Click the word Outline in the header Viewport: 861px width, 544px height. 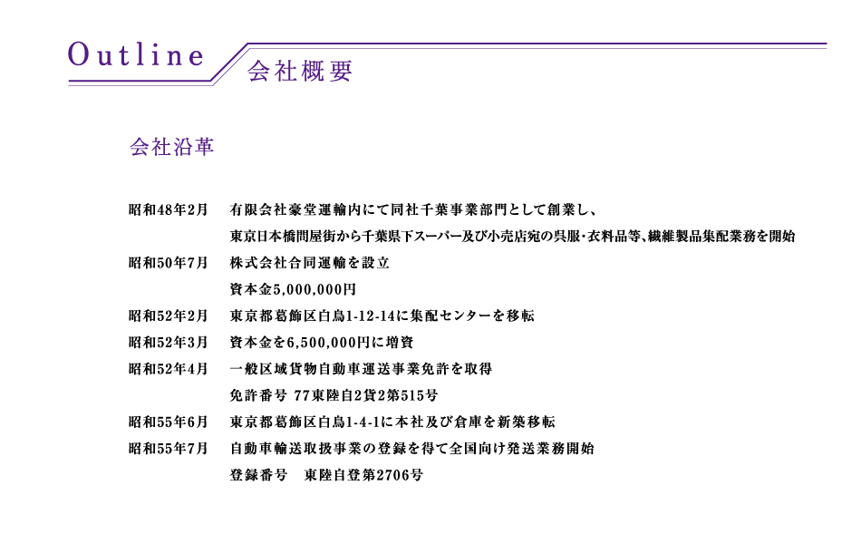[x=136, y=55]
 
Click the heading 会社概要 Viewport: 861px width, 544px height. [x=300, y=72]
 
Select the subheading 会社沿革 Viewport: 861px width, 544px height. [x=172, y=147]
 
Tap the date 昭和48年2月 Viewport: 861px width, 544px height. [x=168, y=210]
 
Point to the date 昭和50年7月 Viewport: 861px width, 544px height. [x=168, y=263]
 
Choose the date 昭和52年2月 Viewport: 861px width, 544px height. [x=168, y=316]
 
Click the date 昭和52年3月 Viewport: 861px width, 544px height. [x=168, y=343]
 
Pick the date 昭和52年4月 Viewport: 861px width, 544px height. [x=168, y=369]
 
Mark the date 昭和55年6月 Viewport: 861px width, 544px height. [x=168, y=422]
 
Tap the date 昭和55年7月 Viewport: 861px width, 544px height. [x=168, y=449]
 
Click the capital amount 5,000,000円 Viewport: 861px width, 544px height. [x=314, y=289]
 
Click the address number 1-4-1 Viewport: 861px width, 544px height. [x=363, y=422]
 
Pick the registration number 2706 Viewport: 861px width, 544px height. [x=392, y=475]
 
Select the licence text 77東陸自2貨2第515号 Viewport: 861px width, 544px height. [x=366, y=395]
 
